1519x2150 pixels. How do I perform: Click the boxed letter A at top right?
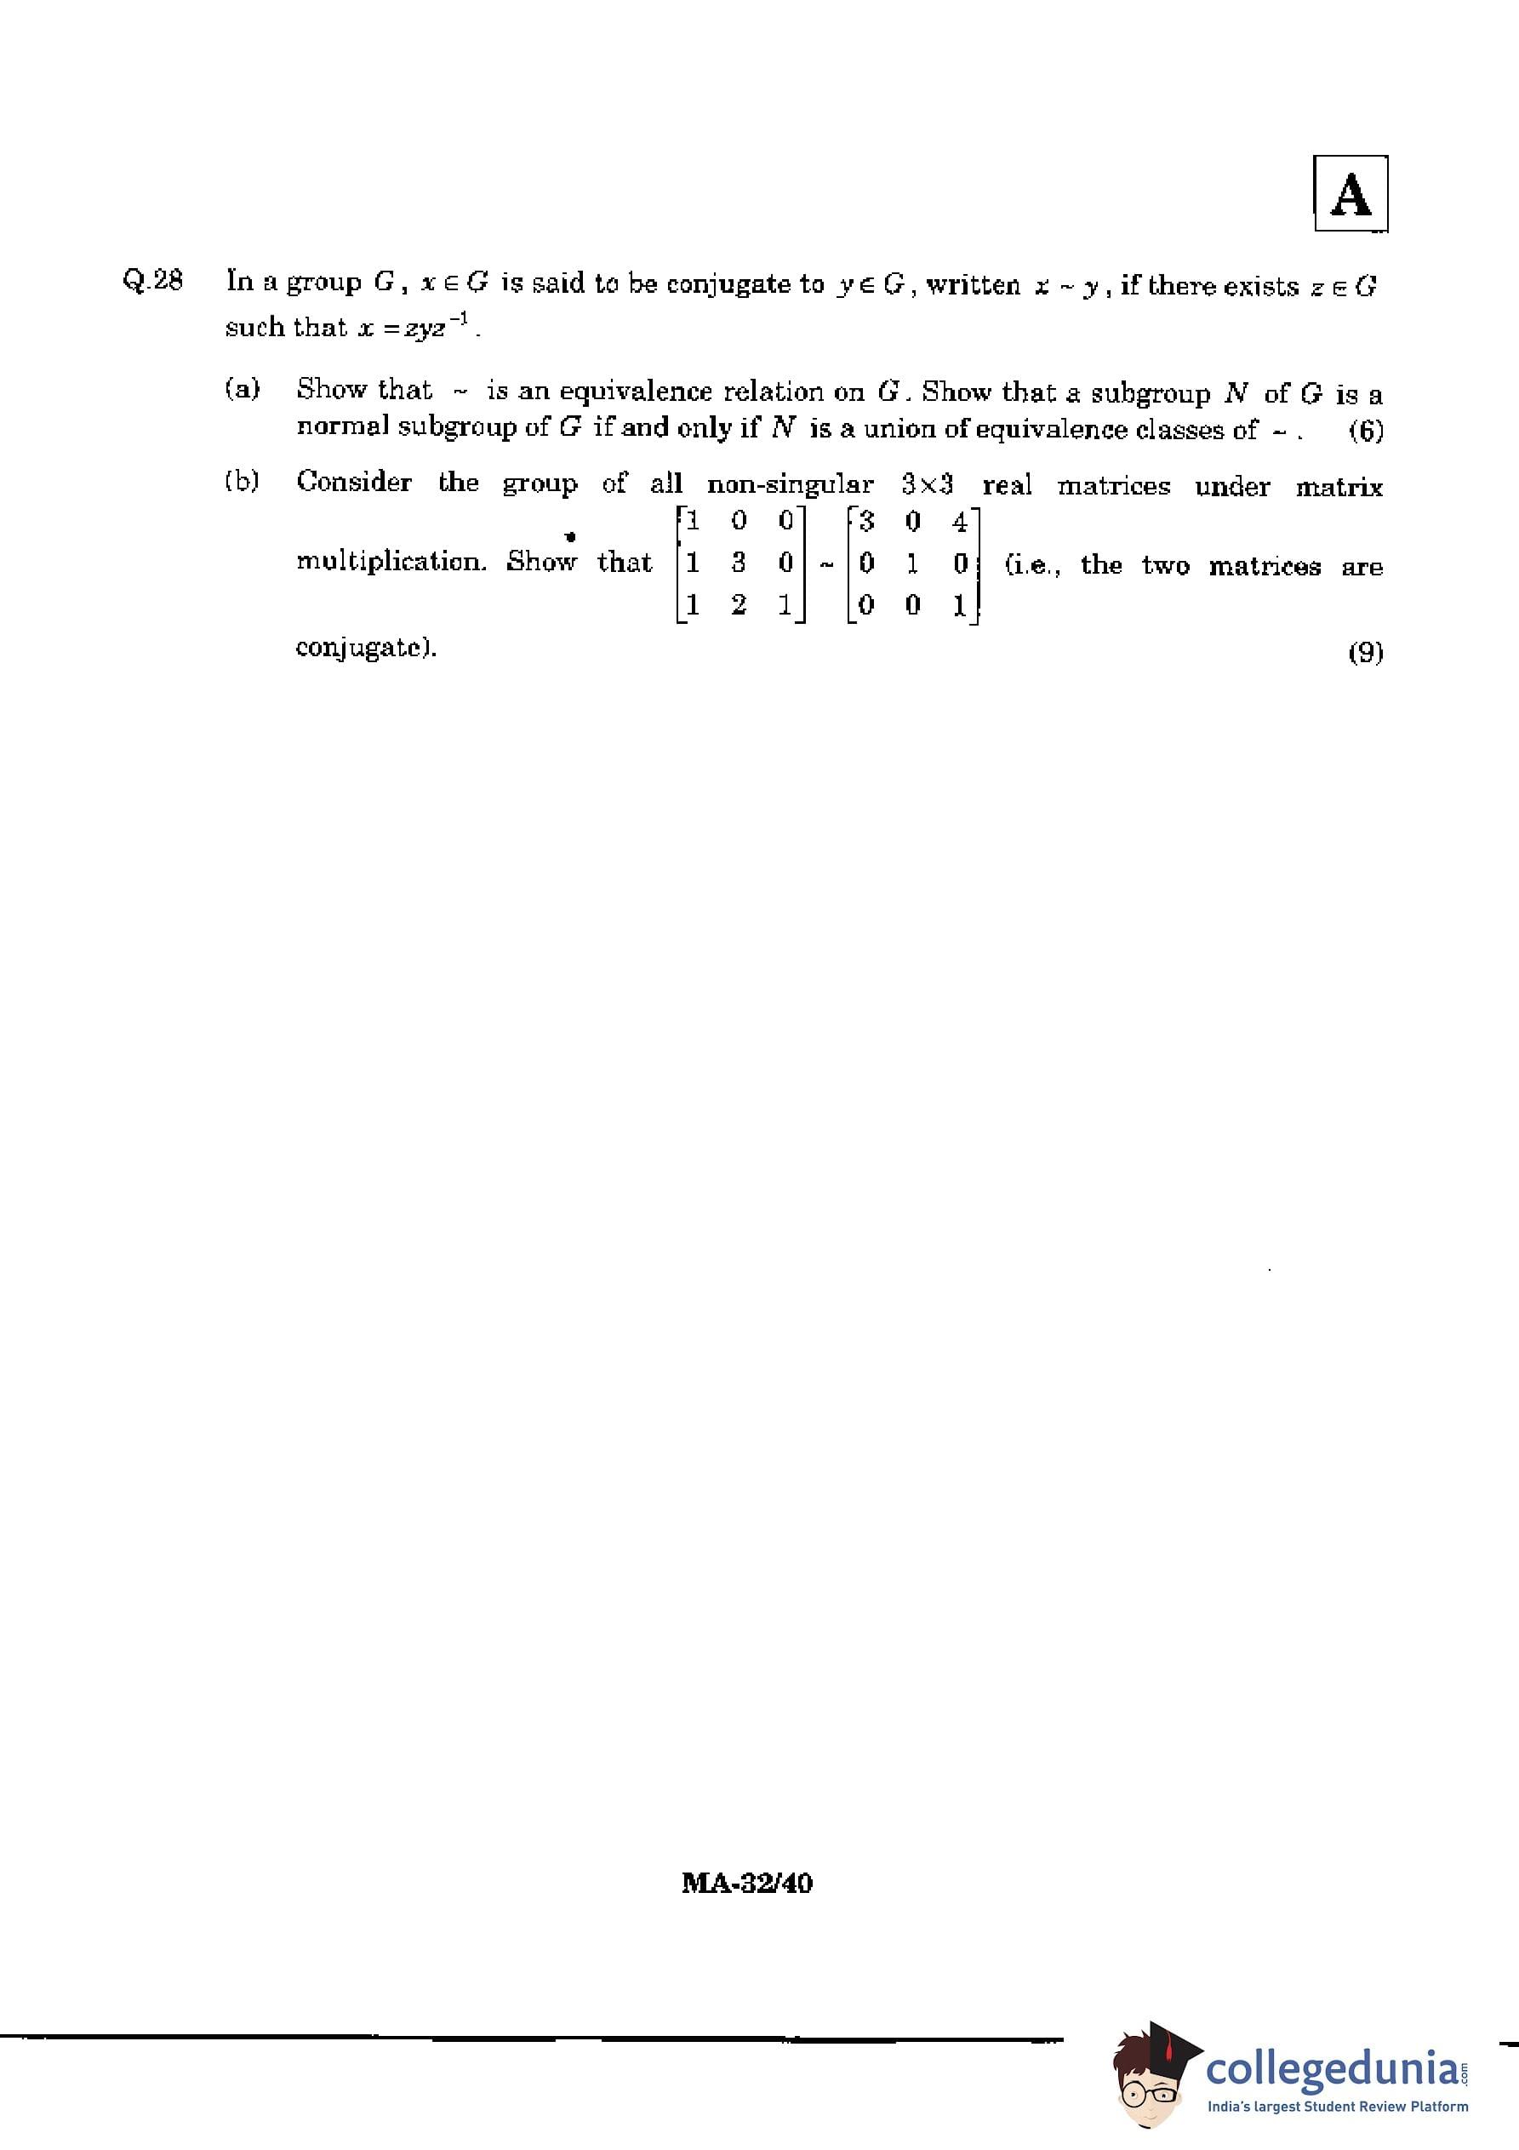point(1350,194)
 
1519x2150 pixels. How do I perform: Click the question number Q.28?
point(152,280)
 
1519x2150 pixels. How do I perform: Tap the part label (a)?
point(243,389)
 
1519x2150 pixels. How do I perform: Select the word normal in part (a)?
point(343,427)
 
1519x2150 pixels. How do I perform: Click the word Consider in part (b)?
point(354,483)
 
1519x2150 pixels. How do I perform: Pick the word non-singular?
point(790,484)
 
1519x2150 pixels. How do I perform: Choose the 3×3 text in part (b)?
point(927,484)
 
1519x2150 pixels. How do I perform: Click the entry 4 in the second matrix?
point(959,522)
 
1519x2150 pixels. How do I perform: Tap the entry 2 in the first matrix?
point(739,606)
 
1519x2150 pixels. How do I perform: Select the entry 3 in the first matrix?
point(739,563)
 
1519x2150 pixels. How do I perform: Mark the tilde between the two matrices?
point(826,564)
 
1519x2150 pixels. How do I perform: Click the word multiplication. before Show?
point(391,562)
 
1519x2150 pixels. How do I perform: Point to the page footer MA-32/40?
point(747,1883)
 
